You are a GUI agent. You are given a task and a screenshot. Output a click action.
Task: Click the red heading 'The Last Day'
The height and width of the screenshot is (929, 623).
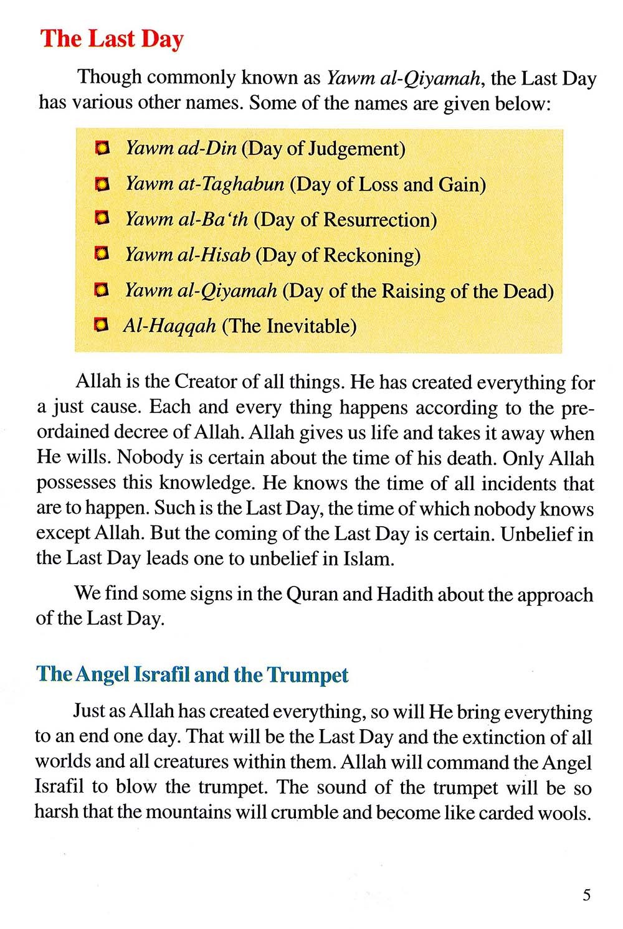pos(112,39)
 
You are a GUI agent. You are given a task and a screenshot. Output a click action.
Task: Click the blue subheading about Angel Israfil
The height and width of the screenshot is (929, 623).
pos(192,675)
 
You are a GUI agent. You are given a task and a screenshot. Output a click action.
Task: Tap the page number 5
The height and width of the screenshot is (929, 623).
pos(586,895)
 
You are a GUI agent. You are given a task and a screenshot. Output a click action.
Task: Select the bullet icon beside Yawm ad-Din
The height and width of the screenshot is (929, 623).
pos(102,148)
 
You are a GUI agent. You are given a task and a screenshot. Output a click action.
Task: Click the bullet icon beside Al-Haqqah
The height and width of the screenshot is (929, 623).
pos(101,325)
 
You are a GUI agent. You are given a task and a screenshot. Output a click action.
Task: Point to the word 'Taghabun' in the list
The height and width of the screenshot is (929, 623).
pos(244,184)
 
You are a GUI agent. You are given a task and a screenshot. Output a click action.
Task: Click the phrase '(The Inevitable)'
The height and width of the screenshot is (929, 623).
pos(289,326)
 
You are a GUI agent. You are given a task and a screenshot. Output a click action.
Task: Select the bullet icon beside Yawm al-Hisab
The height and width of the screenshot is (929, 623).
pos(102,254)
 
